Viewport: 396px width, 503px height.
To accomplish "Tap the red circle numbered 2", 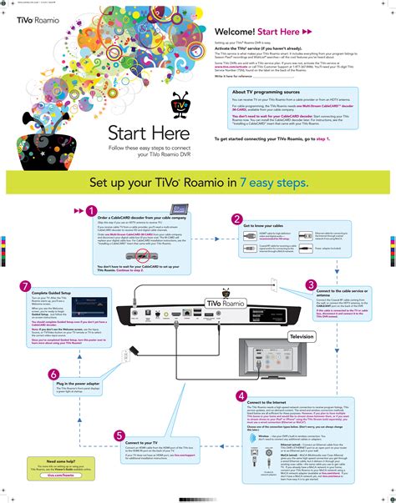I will [x=236, y=219].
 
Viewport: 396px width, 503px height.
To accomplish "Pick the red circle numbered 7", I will [x=26, y=286].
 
